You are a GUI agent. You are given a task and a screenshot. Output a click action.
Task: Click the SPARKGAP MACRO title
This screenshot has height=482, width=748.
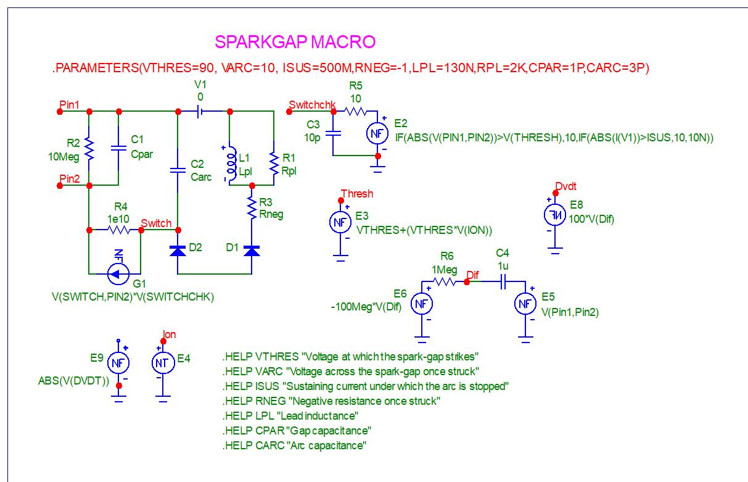(295, 42)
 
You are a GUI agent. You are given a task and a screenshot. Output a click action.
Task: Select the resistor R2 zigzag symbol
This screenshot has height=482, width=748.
(90, 149)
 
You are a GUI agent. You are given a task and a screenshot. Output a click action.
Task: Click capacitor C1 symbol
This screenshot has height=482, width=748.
(117, 148)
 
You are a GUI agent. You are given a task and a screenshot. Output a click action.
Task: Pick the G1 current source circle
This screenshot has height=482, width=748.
(117, 272)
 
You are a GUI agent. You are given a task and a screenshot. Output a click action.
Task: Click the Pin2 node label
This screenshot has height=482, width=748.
(69, 178)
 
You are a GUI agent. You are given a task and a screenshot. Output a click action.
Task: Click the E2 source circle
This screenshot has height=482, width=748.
(377, 133)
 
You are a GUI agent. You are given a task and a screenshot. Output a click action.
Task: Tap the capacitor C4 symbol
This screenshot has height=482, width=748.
(503, 281)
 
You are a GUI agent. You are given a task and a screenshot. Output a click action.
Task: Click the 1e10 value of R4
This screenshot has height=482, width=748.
(117, 219)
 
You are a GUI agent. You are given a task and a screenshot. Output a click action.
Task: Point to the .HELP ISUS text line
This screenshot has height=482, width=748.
(366, 386)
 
